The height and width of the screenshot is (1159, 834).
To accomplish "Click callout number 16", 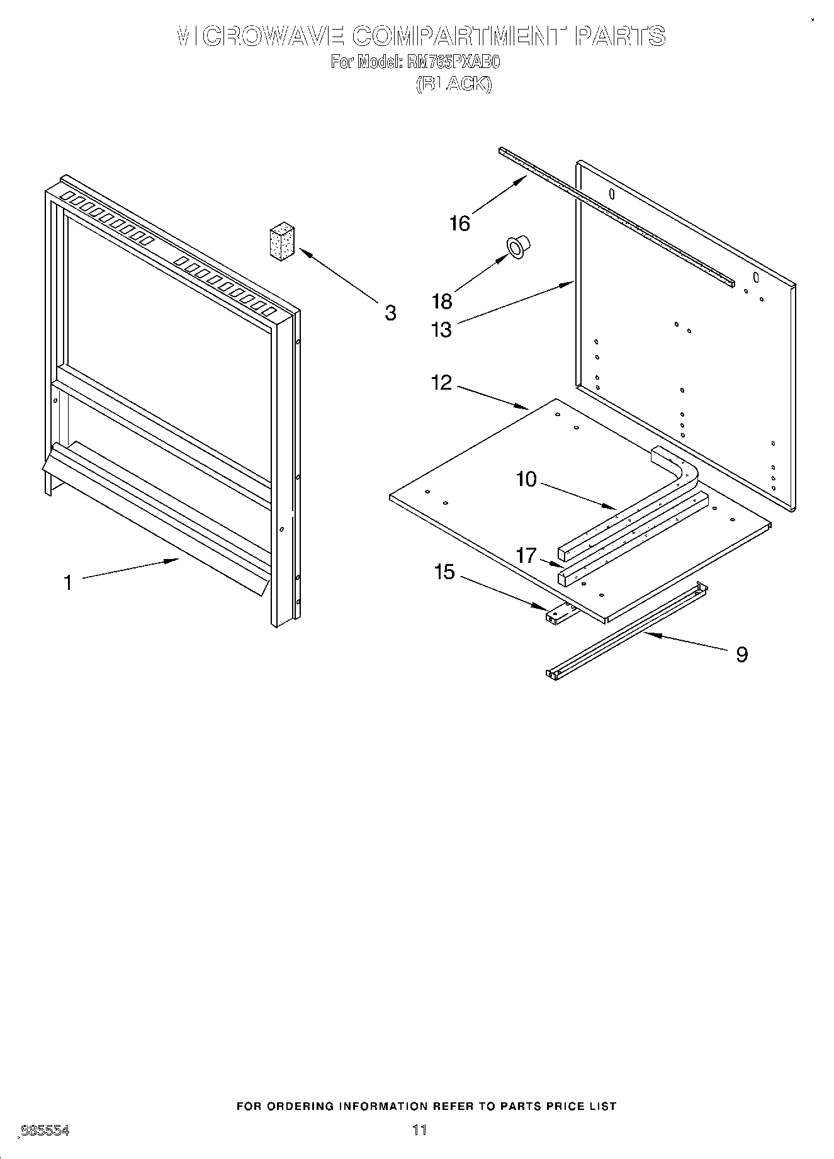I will (x=459, y=223).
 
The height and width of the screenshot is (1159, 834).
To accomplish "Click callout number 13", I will (x=442, y=329).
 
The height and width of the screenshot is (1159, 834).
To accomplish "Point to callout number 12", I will (x=441, y=382).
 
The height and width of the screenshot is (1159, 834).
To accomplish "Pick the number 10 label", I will (x=526, y=479).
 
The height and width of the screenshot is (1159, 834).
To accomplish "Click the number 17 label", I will (x=526, y=555).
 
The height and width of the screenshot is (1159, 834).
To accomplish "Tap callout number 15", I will (x=444, y=572).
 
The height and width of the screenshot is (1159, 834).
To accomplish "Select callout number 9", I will (x=742, y=655).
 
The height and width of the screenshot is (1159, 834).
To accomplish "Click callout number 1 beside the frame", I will (x=68, y=582).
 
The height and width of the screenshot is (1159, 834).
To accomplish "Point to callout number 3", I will (x=390, y=312).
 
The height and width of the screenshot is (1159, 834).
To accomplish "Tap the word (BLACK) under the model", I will (x=453, y=84).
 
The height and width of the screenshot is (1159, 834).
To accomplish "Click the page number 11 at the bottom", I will (x=420, y=1129).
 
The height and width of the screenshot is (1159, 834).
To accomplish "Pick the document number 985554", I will (x=45, y=1131).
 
